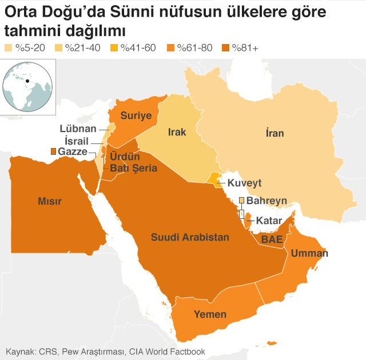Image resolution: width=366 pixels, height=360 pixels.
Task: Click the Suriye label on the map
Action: [x=136, y=116]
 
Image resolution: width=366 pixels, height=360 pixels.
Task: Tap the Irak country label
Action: [x=177, y=133]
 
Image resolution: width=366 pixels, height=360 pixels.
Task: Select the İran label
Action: [x=274, y=133]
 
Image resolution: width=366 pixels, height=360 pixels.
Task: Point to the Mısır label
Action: [x=49, y=201]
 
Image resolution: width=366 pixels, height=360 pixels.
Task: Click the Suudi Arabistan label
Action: [x=190, y=237]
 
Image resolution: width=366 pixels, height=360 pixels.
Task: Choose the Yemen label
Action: [x=210, y=314]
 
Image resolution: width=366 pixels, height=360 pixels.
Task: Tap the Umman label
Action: [x=309, y=253]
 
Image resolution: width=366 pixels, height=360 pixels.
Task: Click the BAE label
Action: [x=272, y=240]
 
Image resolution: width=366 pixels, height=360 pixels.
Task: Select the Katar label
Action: [x=268, y=221]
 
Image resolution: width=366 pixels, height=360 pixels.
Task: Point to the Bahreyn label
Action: [x=266, y=201]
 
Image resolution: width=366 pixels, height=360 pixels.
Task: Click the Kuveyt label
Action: [x=244, y=183]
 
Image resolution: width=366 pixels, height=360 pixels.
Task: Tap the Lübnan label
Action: [x=78, y=129]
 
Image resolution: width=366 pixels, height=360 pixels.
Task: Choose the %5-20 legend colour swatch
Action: [x=9, y=47]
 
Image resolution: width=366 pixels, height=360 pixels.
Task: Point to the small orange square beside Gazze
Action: [x=53, y=151]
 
